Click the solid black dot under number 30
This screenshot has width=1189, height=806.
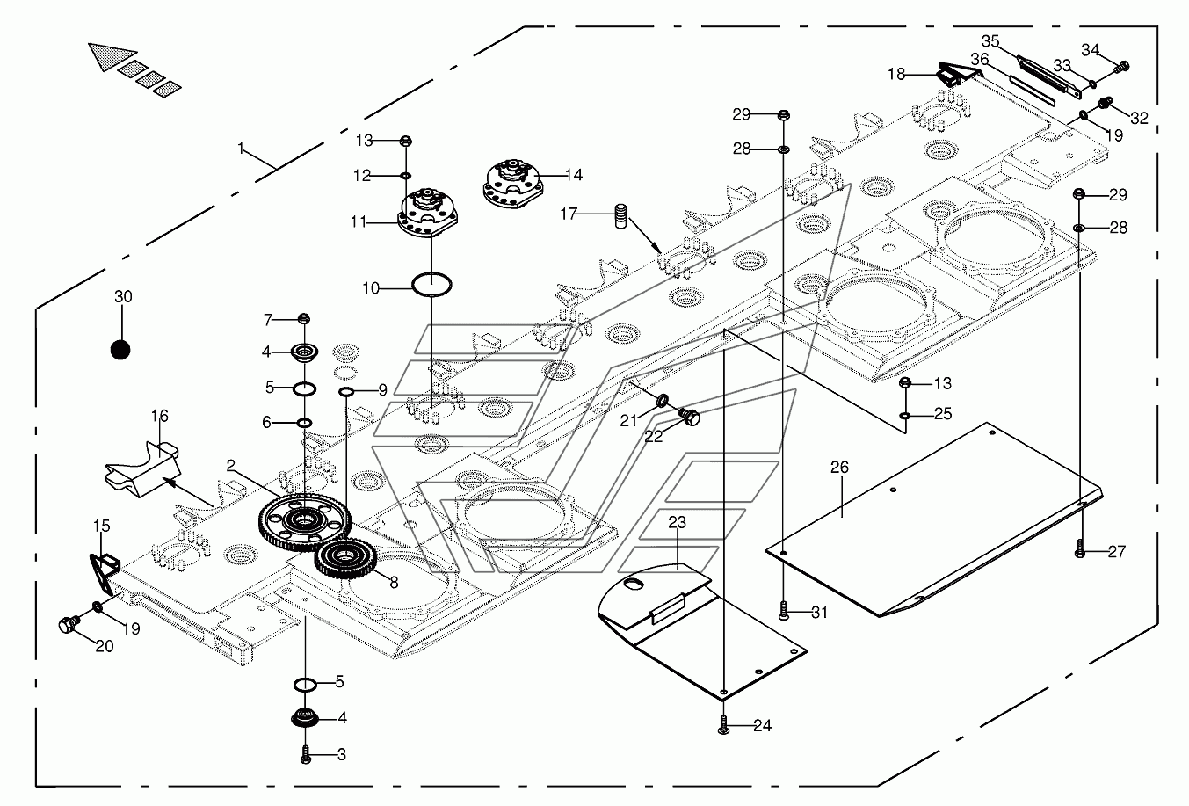point(120,351)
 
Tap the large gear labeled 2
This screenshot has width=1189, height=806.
point(304,519)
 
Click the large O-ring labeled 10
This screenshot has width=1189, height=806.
point(432,284)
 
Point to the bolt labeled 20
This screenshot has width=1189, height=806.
point(69,624)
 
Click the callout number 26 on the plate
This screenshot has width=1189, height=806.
point(840,468)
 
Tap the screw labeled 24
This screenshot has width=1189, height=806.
point(723,724)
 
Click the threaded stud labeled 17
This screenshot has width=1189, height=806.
point(621,216)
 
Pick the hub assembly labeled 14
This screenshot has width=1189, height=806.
point(512,183)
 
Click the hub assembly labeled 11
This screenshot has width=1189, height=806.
point(428,213)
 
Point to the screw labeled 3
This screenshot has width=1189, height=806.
point(306,754)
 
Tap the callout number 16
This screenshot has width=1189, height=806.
point(160,416)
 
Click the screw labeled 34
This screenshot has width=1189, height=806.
point(1122,68)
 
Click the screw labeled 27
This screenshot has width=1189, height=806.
point(1080,548)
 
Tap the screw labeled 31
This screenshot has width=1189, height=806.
point(784,611)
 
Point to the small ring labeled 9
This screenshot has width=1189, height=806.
point(346,392)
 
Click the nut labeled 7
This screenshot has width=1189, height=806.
point(303,318)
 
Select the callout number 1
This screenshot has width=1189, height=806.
point(241,149)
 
